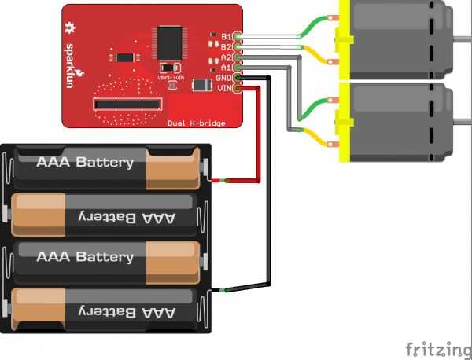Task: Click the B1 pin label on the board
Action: tap(225, 36)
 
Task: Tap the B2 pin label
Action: tap(225, 46)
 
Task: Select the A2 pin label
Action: tap(225, 57)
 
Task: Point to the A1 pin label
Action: tap(225, 68)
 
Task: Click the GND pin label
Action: tap(223, 78)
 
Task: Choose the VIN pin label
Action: tap(223, 88)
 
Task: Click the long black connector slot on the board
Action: tap(128, 104)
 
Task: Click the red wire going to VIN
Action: tap(257, 134)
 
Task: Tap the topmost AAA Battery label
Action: tap(85, 163)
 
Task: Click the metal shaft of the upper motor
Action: tap(463, 37)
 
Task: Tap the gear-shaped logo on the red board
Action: tap(73, 28)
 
